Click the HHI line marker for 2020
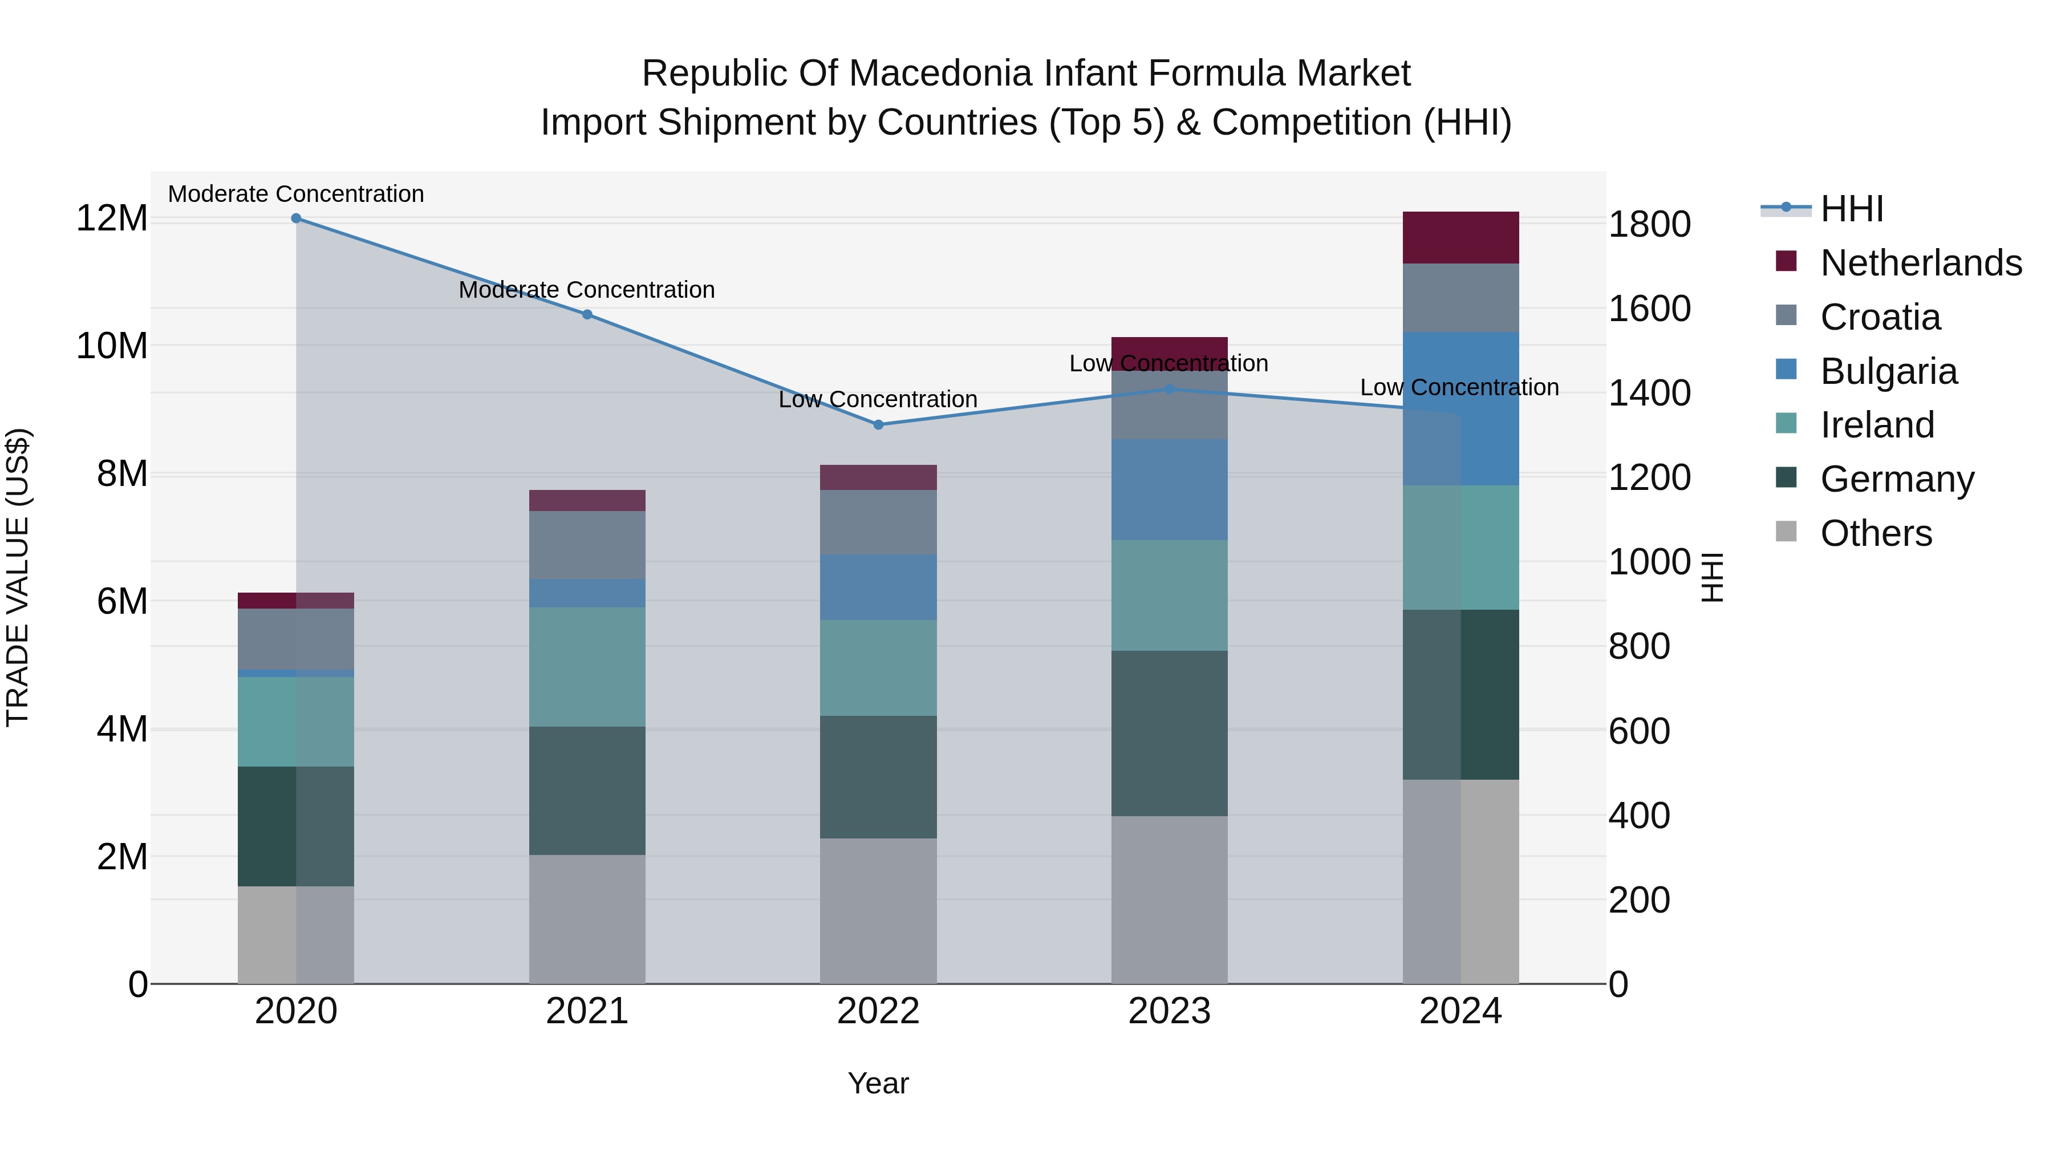click(x=295, y=218)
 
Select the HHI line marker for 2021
click(x=587, y=314)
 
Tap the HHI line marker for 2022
click(x=878, y=425)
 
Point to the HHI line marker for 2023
click(x=1169, y=389)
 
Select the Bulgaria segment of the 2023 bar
click(x=1169, y=489)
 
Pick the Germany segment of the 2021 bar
click(x=587, y=790)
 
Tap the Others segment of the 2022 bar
click(x=878, y=910)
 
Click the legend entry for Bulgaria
click(x=1888, y=371)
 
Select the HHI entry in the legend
click(x=1851, y=209)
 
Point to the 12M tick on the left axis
click(x=112, y=218)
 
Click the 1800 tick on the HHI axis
click(x=1649, y=224)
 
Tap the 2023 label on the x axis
click(x=1169, y=1011)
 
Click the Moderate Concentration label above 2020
click(x=295, y=194)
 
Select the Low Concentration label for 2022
click(x=878, y=399)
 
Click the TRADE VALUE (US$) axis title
click(x=18, y=577)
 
